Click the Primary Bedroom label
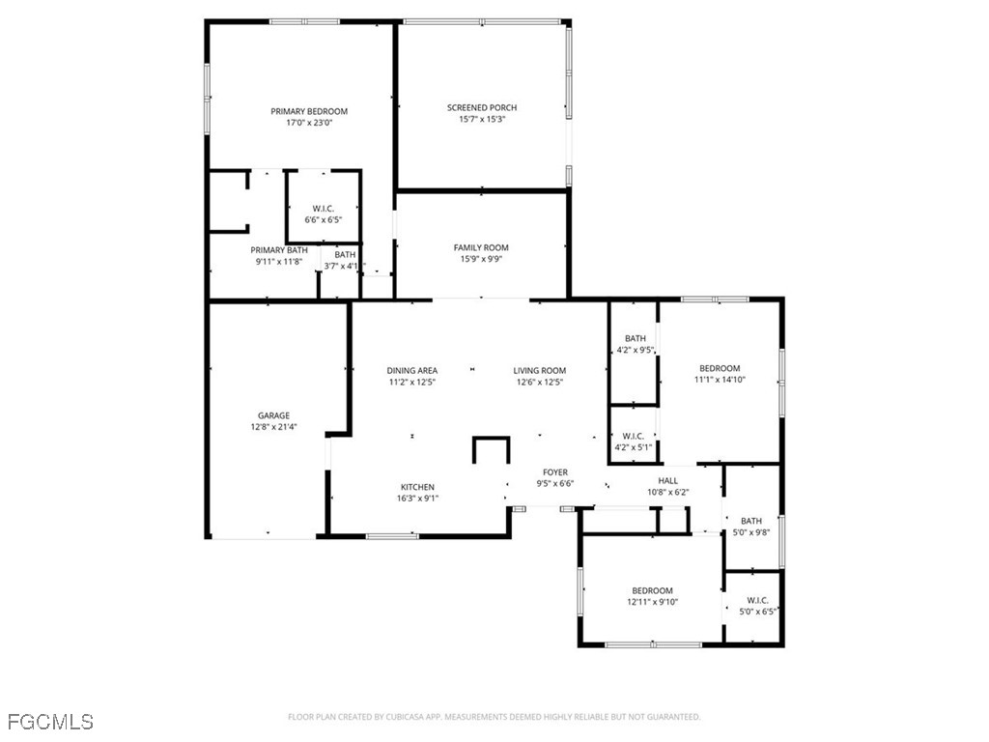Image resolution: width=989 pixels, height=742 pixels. [x=308, y=111]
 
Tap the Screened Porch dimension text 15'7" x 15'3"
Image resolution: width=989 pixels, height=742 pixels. [x=481, y=119]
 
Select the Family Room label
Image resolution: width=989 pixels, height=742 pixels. [x=481, y=247]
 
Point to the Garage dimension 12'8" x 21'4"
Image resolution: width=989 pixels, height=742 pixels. [x=273, y=426]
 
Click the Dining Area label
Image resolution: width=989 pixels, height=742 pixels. [x=412, y=370]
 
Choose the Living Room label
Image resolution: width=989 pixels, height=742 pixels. [x=540, y=370]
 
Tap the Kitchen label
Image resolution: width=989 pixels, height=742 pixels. [x=418, y=487]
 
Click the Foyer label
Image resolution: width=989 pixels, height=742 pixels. [x=555, y=471]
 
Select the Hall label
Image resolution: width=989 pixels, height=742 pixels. [x=668, y=480]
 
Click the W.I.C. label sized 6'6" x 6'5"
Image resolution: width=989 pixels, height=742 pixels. [x=323, y=209]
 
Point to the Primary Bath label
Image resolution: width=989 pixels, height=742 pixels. [x=280, y=250]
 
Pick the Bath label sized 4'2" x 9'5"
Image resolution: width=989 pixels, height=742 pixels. [x=635, y=338]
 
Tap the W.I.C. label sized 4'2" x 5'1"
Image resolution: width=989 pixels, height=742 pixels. [x=635, y=436]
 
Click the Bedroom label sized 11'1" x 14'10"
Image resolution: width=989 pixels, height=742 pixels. [x=720, y=368]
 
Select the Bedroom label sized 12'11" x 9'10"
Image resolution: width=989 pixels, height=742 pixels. [x=652, y=590]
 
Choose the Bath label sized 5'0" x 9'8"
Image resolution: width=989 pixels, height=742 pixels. [x=750, y=521]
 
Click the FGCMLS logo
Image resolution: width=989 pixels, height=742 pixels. [x=50, y=722]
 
